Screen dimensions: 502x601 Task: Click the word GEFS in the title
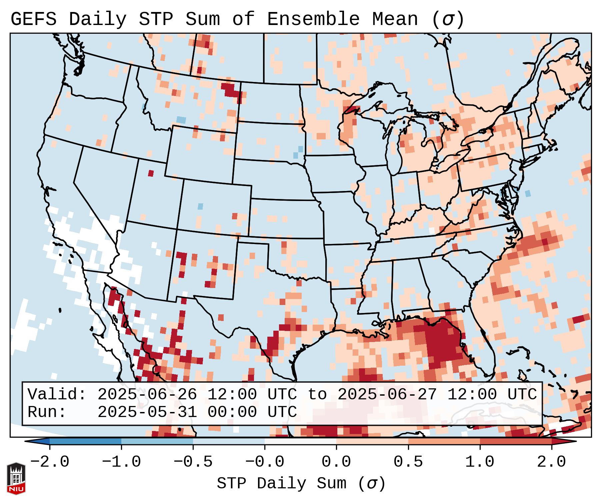coord(33,19)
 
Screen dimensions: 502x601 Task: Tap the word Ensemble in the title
coord(313,19)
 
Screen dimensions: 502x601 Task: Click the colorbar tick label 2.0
coord(551,462)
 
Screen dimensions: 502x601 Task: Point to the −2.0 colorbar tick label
coord(49,462)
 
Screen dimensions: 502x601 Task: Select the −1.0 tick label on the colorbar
coord(121,462)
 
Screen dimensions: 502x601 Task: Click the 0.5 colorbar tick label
coord(408,462)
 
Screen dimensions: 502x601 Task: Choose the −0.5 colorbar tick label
coord(193,462)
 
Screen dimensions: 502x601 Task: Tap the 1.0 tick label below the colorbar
coord(480,462)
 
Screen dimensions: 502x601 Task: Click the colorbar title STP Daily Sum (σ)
coord(301,484)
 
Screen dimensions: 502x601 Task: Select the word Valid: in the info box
coord(57,394)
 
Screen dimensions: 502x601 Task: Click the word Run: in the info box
coord(47,412)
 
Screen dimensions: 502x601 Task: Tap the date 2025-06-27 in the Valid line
coord(387,394)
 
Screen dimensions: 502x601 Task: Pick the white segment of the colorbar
coord(300,441)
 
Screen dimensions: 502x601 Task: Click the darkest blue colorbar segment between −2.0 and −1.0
coord(85,441)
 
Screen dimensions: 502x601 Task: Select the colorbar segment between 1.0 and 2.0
coord(515,441)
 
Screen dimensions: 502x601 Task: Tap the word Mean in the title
coord(395,19)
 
